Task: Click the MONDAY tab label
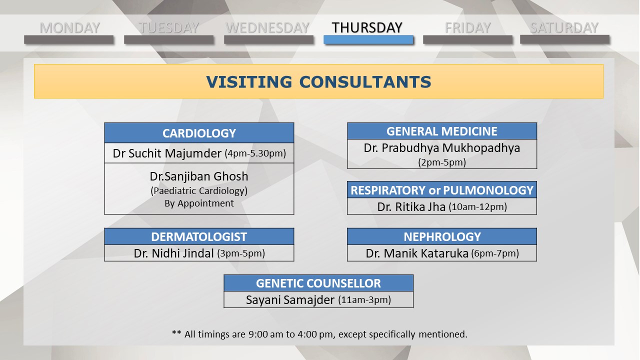[69, 28]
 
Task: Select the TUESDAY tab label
[168, 28]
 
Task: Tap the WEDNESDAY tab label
[267, 28]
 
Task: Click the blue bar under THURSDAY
[368, 39]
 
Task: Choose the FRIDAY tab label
[467, 28]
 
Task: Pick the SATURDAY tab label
[564, 28]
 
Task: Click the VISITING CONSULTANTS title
[318, 81]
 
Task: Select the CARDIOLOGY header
[199, 133]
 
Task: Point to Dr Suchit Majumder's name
[167, 153]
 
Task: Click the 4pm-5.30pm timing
[255, 153]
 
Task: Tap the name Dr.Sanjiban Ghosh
[199, 176]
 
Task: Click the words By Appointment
[199, 203]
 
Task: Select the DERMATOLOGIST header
[199, 236]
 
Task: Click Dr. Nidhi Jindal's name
[173, 253]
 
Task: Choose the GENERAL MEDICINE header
[442, 131]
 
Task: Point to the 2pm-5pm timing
[442, 162]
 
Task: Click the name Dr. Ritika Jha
[411, 207]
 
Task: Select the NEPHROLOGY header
[442, 236]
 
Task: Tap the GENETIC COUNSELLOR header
[318, 283]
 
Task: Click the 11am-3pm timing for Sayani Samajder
[364, 300]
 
